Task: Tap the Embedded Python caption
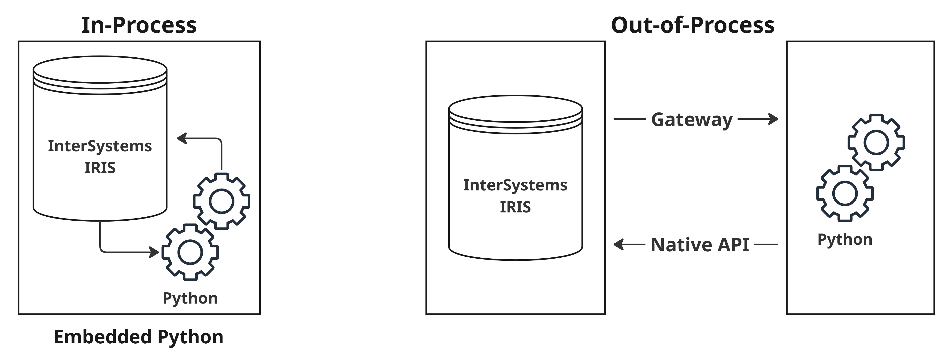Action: [x=139, y=337]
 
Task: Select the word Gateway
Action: [x=691, y=120]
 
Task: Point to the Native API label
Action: [x=700, y=245]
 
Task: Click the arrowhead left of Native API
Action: [x=618, y=244]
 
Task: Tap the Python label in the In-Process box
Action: [x=190, y=298]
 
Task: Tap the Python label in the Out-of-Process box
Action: [x=845, y=240]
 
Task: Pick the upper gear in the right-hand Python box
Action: [x=876, y=142]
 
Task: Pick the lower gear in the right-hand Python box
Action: [x=845, y=193]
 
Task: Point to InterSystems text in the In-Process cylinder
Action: [x=100, y=146]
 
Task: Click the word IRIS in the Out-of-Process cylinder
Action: [x=515, y=207]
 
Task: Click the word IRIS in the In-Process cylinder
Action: [x=100, y=168]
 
